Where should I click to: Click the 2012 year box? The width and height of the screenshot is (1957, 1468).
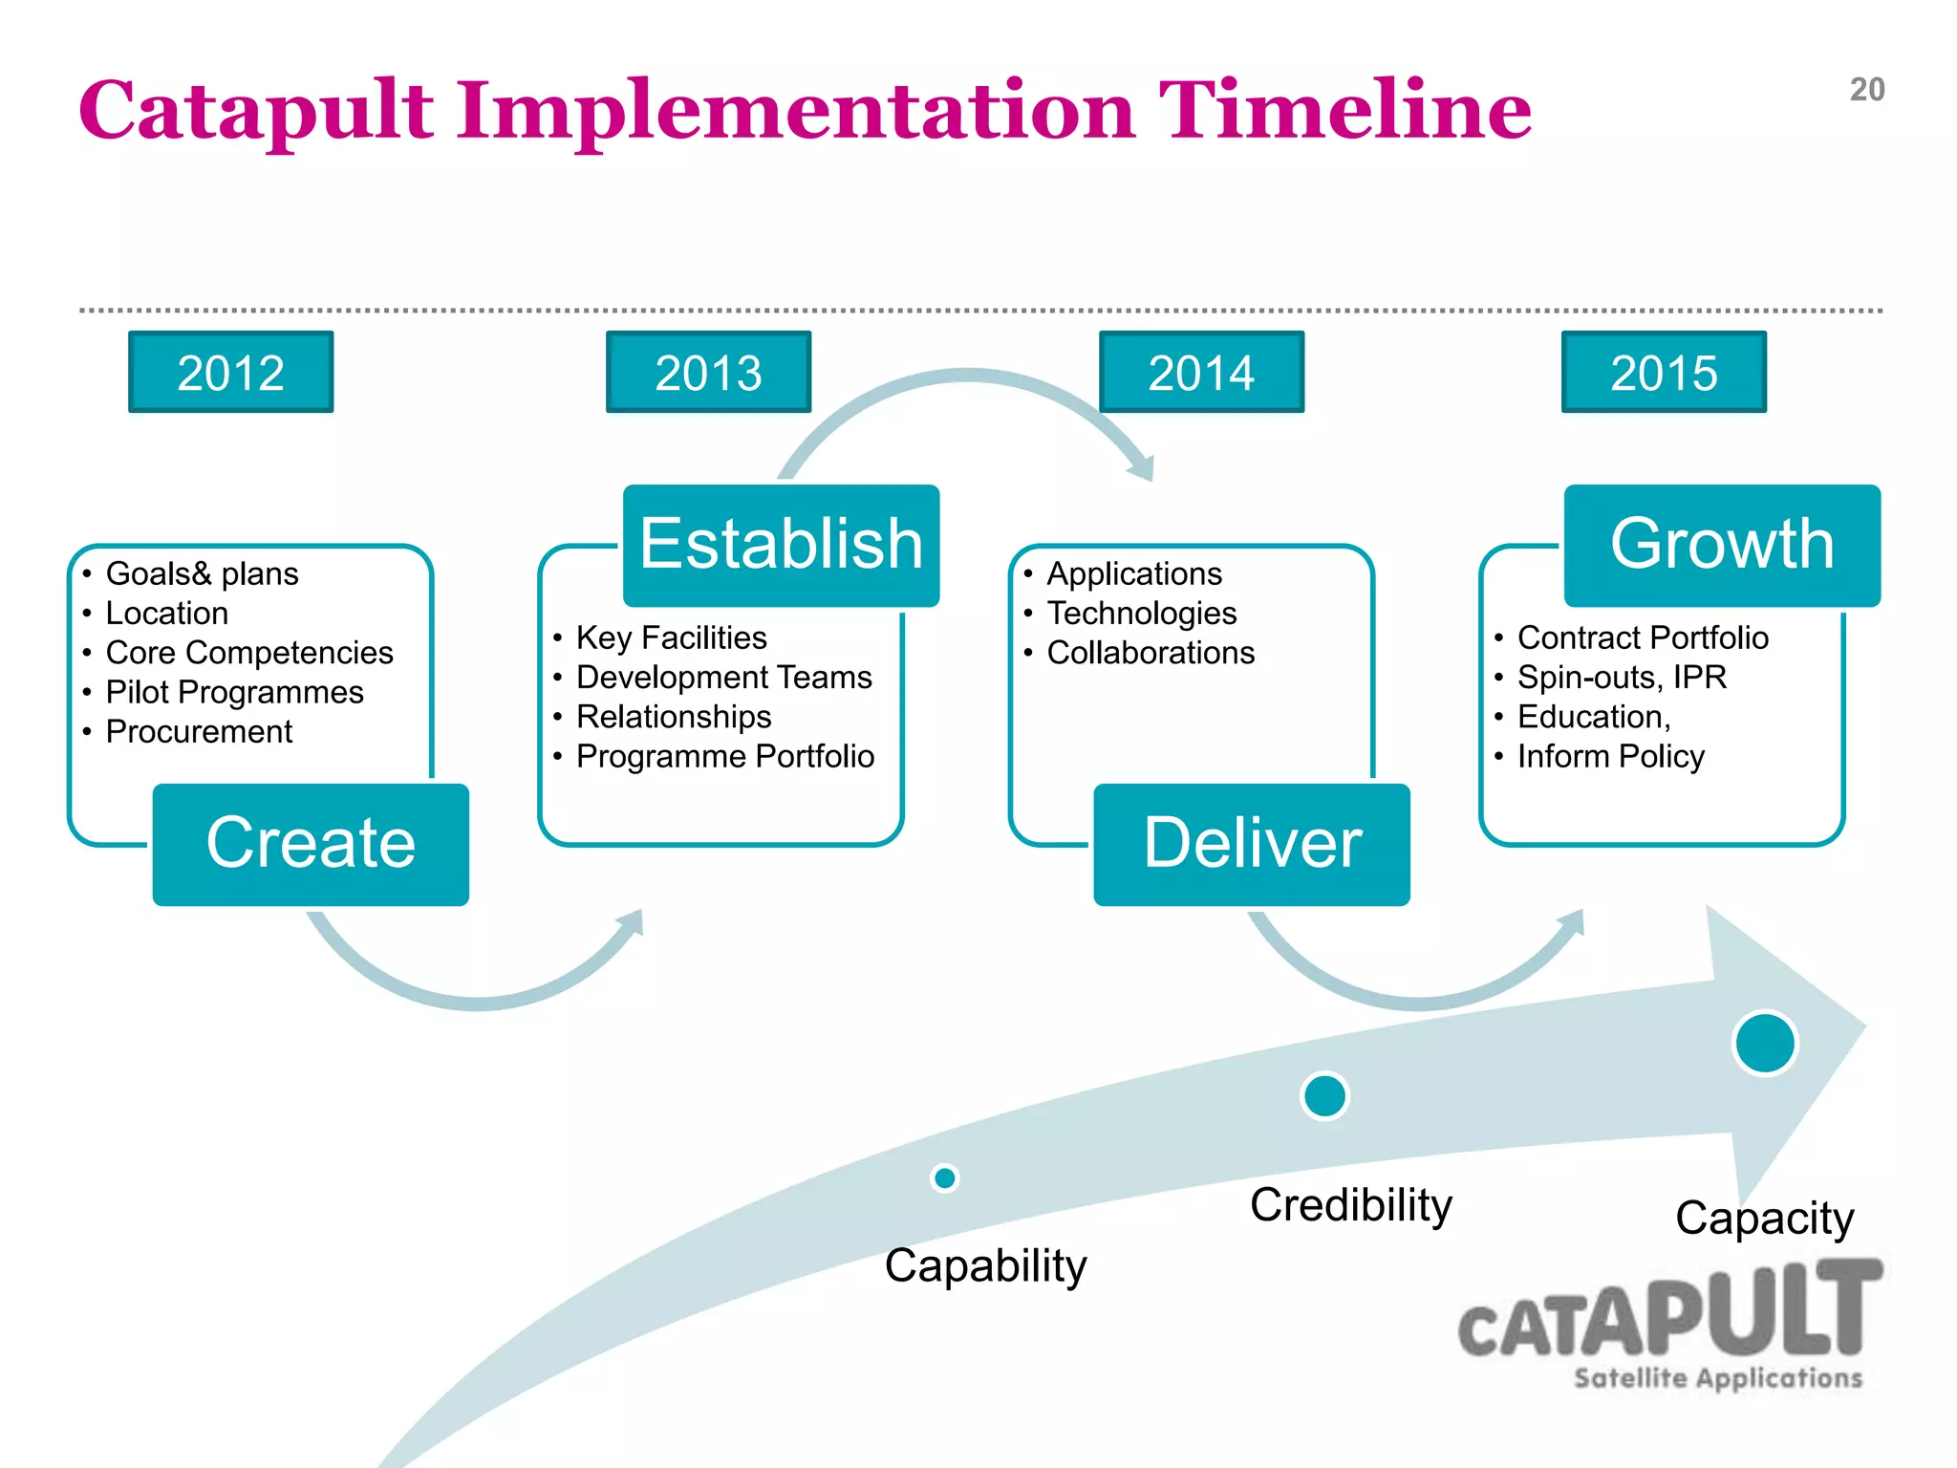tap(230, 373)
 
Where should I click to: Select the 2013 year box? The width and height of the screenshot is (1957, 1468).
tap(708, 373)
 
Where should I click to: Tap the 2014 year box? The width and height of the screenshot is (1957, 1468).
tap(1201, 373)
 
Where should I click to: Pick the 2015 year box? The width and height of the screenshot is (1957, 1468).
tap(1664, 373)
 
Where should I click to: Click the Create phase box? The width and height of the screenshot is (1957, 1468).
tap(311, 844)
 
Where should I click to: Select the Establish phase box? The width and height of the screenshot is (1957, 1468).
tap(781, 545)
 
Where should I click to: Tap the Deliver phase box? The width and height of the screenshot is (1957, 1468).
tap(1252, 844)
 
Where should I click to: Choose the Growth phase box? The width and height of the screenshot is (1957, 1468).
tap(1722, 545)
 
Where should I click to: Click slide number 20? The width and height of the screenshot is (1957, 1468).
tap(1866, 90)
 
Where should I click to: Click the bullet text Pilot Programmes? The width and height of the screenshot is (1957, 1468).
tap(234, 692)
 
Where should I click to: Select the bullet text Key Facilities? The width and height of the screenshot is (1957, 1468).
tap(671, 637)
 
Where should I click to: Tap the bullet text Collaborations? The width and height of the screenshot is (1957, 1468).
tap(1151, 653)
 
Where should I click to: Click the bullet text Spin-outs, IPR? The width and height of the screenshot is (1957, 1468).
tap(1622, 677)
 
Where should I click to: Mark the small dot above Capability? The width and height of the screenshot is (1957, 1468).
tap(945, 1177)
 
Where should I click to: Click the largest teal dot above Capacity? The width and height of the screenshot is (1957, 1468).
tap(1765, 1043)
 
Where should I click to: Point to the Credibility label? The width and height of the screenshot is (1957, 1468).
tap(1350, 1205)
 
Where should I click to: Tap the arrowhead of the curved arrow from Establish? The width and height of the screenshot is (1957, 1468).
tap(1142, 467)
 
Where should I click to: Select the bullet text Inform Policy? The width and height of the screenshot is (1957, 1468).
tap(1610, 756)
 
